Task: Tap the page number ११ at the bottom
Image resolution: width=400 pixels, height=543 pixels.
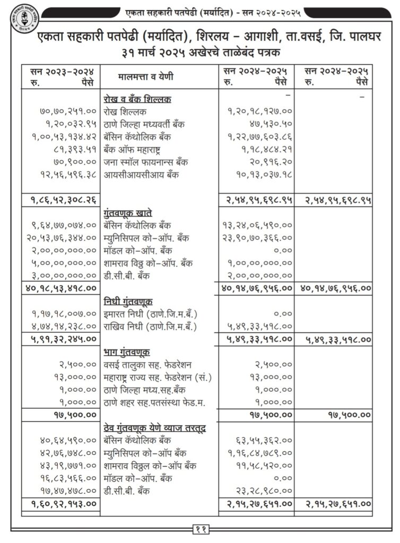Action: pyautogui.click(x=200, y=528)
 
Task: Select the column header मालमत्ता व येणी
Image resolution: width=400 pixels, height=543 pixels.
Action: pyautogui.click(x=145, y=77)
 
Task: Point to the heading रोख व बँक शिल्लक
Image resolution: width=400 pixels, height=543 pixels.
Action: pyautogui.click(x=137, y=99)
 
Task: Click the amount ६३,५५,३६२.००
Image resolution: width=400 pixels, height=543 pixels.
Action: pyautogui.click(x=264, y=440)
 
